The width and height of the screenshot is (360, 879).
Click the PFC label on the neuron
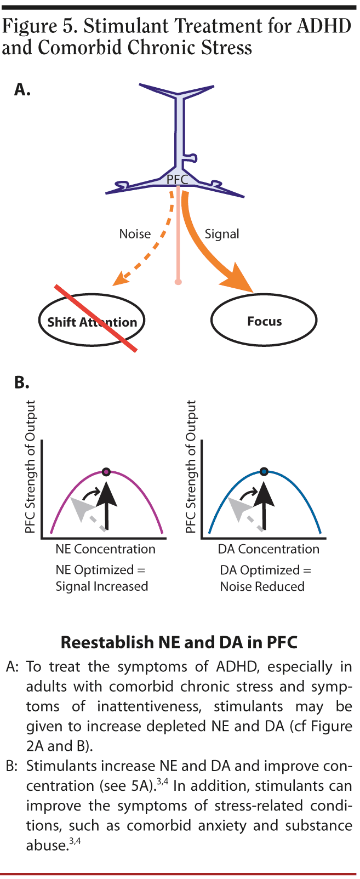point(177,179)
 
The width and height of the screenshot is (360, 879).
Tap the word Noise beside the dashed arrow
point(135,234)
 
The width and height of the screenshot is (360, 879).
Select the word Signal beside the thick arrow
point(222,234)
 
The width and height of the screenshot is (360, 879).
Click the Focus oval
point(264,321)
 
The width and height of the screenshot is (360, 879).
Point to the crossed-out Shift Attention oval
point(92,322)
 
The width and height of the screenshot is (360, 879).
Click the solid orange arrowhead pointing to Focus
point(237,280)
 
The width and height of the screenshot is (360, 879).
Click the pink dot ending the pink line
point(178,282)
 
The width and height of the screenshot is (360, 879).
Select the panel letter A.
point(22,90)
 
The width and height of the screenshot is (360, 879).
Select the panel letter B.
point(21,383)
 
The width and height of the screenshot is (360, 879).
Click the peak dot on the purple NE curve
point(106,472)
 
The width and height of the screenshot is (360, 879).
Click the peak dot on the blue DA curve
point(264,471)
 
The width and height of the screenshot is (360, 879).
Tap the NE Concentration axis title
point(105,549)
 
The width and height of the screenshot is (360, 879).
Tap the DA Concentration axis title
point(268,549)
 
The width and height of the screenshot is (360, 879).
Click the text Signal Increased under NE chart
point(102,586)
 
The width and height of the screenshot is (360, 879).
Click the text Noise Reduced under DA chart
point(262,586)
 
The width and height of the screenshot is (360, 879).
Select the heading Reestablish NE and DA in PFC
point(179,642)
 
